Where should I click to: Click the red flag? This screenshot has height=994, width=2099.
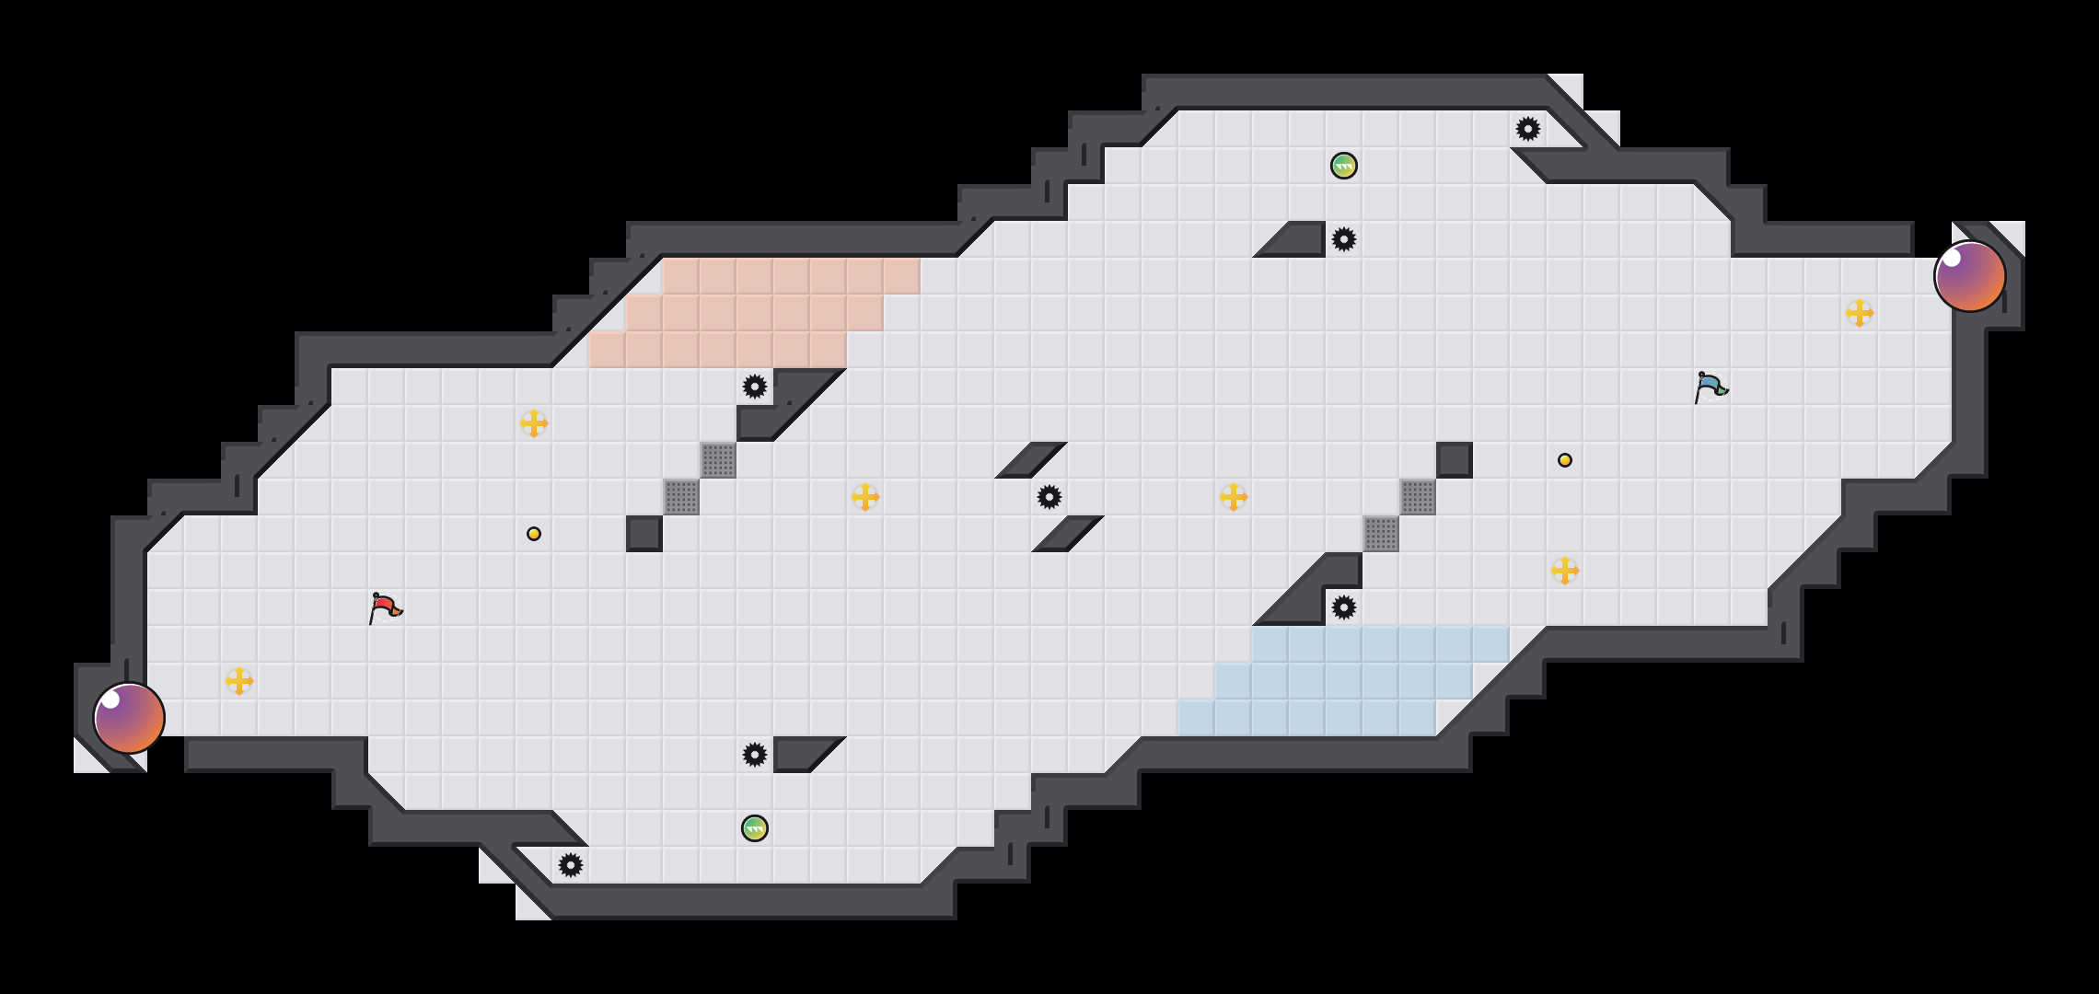(385, 607)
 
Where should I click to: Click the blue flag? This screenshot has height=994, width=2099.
(1711, 387)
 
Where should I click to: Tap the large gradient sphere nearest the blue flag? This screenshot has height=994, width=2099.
(1969, 276)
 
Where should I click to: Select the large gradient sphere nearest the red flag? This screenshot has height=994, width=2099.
(129, 718)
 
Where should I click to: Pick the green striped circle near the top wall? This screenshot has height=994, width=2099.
(1344, 166)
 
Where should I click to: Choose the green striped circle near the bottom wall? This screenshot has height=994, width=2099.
(755, 828)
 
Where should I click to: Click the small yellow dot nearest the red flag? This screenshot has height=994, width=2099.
(534, 534)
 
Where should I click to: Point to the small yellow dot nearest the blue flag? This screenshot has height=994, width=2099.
(1565, 460)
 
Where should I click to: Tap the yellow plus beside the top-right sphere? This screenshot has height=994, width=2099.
(1860, 313)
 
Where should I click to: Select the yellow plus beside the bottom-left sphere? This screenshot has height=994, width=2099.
(239, 681)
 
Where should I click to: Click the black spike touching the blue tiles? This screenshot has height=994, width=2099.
(1344, 607)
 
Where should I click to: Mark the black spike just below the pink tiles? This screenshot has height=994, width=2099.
(755, 387)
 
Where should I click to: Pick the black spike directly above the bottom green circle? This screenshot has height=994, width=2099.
(755, 755)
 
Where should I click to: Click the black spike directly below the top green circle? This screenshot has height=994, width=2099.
(1344, 239)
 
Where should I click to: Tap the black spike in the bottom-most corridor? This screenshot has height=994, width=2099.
(571, 865)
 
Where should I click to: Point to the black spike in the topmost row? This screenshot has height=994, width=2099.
(1528, 129)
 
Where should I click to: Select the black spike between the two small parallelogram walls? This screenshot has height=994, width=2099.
(1049, 497)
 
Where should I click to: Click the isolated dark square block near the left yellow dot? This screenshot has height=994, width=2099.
(644, 534)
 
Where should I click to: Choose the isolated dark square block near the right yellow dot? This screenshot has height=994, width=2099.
(1455, 460)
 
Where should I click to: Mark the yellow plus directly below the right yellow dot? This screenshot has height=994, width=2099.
(1565, 571)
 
